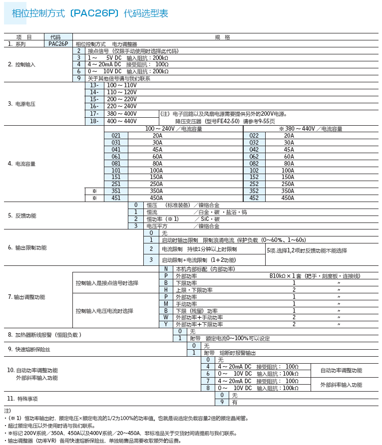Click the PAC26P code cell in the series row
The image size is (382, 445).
coord(58,44)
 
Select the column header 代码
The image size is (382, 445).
coord(58,37)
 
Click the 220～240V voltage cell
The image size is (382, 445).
coord(122,106)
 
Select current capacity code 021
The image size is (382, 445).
coord(116,135)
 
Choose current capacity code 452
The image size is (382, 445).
coord(254,198)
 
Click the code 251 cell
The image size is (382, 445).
coord(116,184)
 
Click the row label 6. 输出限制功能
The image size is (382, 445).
coord(27,247)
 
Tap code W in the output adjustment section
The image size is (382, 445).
coord(166,317)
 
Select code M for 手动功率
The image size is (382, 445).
coord(166,303)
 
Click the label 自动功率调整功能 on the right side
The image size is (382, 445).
coord(341,370)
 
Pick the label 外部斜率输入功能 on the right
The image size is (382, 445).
coord(341,385)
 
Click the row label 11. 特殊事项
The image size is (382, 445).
coord(22,399)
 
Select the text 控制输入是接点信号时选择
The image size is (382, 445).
coord(107,283)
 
